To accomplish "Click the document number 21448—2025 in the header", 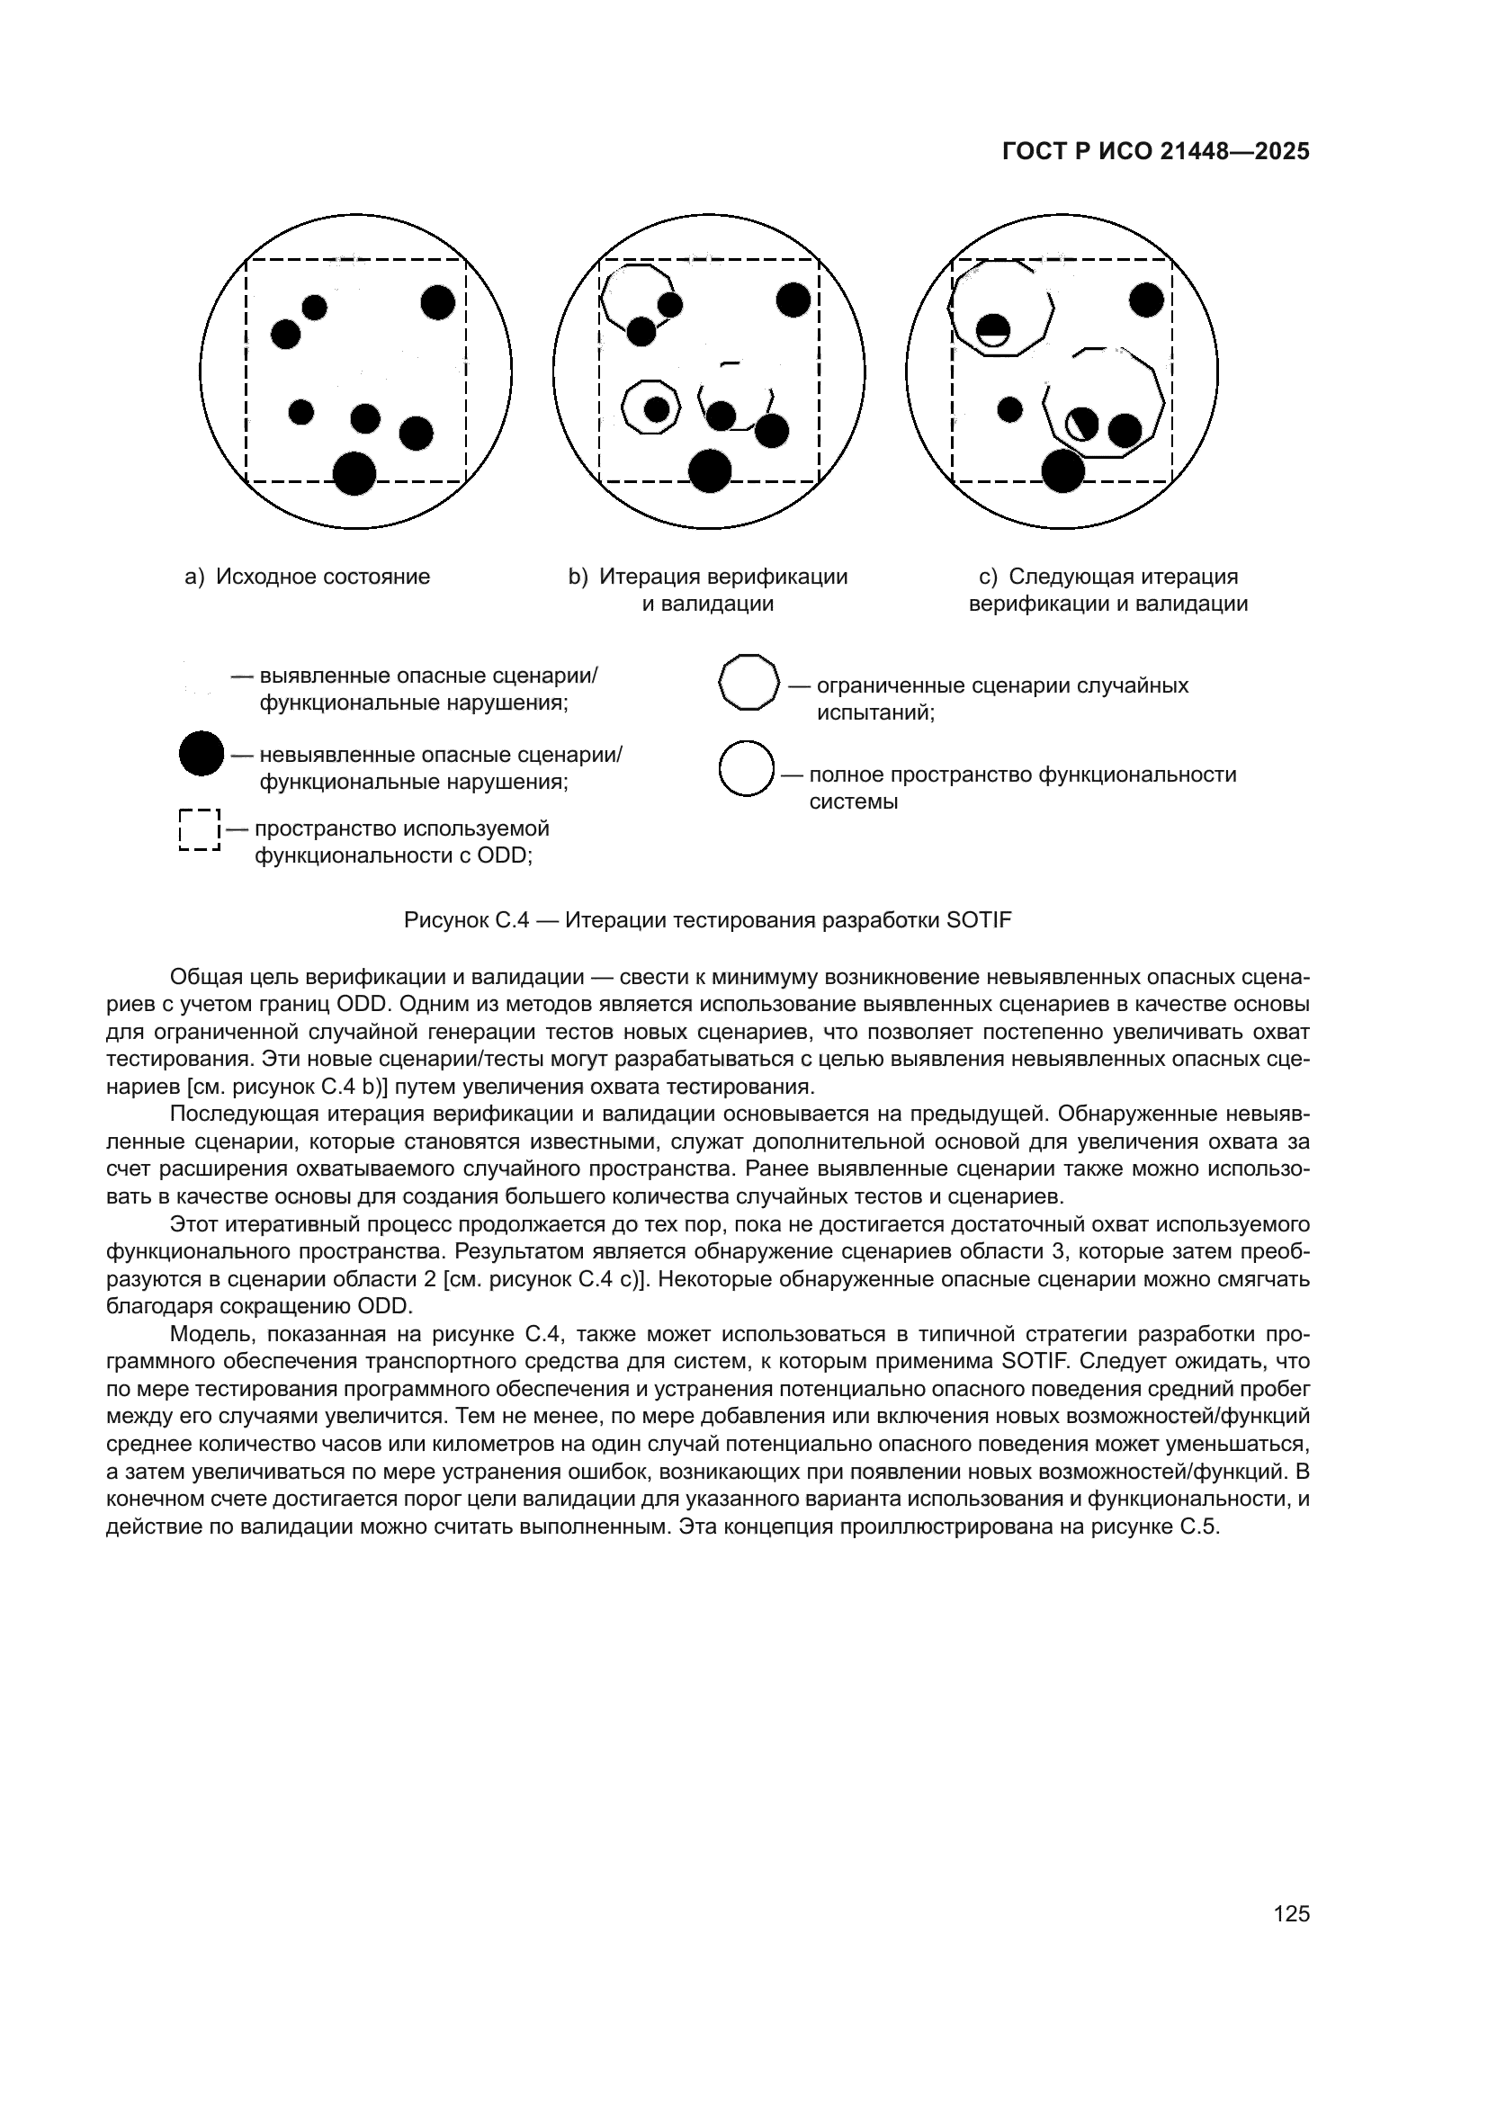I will point(1234,152).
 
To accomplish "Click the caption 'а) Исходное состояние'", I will point(308,577).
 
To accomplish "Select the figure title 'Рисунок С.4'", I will point(466,920).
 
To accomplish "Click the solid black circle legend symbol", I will point(202,754).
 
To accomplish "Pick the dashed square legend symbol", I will point(200,830).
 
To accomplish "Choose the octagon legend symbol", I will point(748,682).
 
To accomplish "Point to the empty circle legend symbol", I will point(747,769).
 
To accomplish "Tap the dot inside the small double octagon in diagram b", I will point(656,408).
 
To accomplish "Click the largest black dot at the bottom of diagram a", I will point(354,473).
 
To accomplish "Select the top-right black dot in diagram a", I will point(438,302).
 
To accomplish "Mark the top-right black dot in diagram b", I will point(793,300).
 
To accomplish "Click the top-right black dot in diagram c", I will point(1146,300).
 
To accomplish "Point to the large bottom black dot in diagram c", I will point(1063,471).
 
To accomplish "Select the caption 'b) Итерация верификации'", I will point(708,577).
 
